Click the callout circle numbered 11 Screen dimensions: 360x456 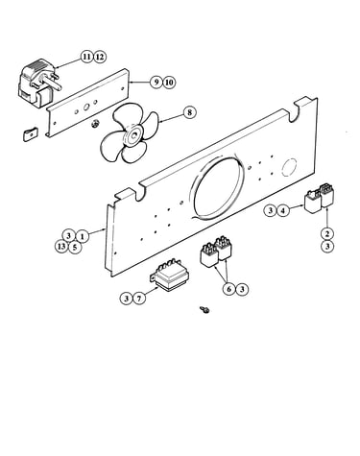pyautogui.click(x=86, y=57)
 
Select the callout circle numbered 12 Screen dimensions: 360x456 pyautogui.click(x=100, y=57)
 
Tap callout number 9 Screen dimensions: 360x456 pyautogui.click(x=156, y=83)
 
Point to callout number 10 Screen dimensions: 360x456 pyautogui.click(x=169, y=83)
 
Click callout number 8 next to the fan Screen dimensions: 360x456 pyautogui.click(x=190, y=112)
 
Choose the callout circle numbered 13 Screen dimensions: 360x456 pyautogui.click(x=61, y=247)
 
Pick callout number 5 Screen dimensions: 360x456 pyautogui.click(x=75, y=247)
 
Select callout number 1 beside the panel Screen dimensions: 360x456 pyautogui.click(x=82, y=236)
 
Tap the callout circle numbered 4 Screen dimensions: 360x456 pyautogui.click(x=283, y=210)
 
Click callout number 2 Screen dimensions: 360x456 pyautogui.click(x=327, y=233)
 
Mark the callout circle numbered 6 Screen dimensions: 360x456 pyautogui.click(x=228, y=289)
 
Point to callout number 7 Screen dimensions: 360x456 pyautogui.click(x=139, y=299)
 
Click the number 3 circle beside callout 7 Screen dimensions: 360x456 pyautogui.click(x=127, y=299)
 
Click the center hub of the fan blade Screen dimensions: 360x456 pyautogui.click(x=132, y=136)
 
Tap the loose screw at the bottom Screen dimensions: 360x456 pyautogui.click(x=204, y=309)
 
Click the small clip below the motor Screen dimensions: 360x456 pyautogui.click(x=31, y=134)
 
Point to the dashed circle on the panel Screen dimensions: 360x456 pyautogui.click(x=289, y=167)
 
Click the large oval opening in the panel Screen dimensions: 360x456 pyautogui.click(x=219, y=186)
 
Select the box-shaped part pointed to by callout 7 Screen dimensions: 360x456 pyautogui.click(x=170, y=276)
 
